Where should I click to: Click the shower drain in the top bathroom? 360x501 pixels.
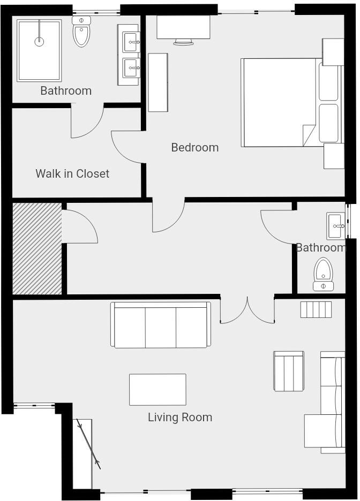39,41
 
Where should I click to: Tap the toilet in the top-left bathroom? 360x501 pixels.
81,32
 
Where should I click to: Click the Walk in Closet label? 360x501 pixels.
72,173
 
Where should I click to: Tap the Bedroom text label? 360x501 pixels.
194,147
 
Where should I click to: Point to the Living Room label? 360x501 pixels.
179,417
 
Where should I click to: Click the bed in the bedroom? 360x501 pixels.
279,102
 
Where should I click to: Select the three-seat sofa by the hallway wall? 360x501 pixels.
161,325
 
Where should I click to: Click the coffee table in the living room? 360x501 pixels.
157,389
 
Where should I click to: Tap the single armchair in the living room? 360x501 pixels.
289,370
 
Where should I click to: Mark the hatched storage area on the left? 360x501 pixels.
36,248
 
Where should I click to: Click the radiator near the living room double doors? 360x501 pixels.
316,309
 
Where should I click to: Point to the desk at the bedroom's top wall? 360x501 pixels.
183,27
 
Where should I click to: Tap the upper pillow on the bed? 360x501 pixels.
328,81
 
